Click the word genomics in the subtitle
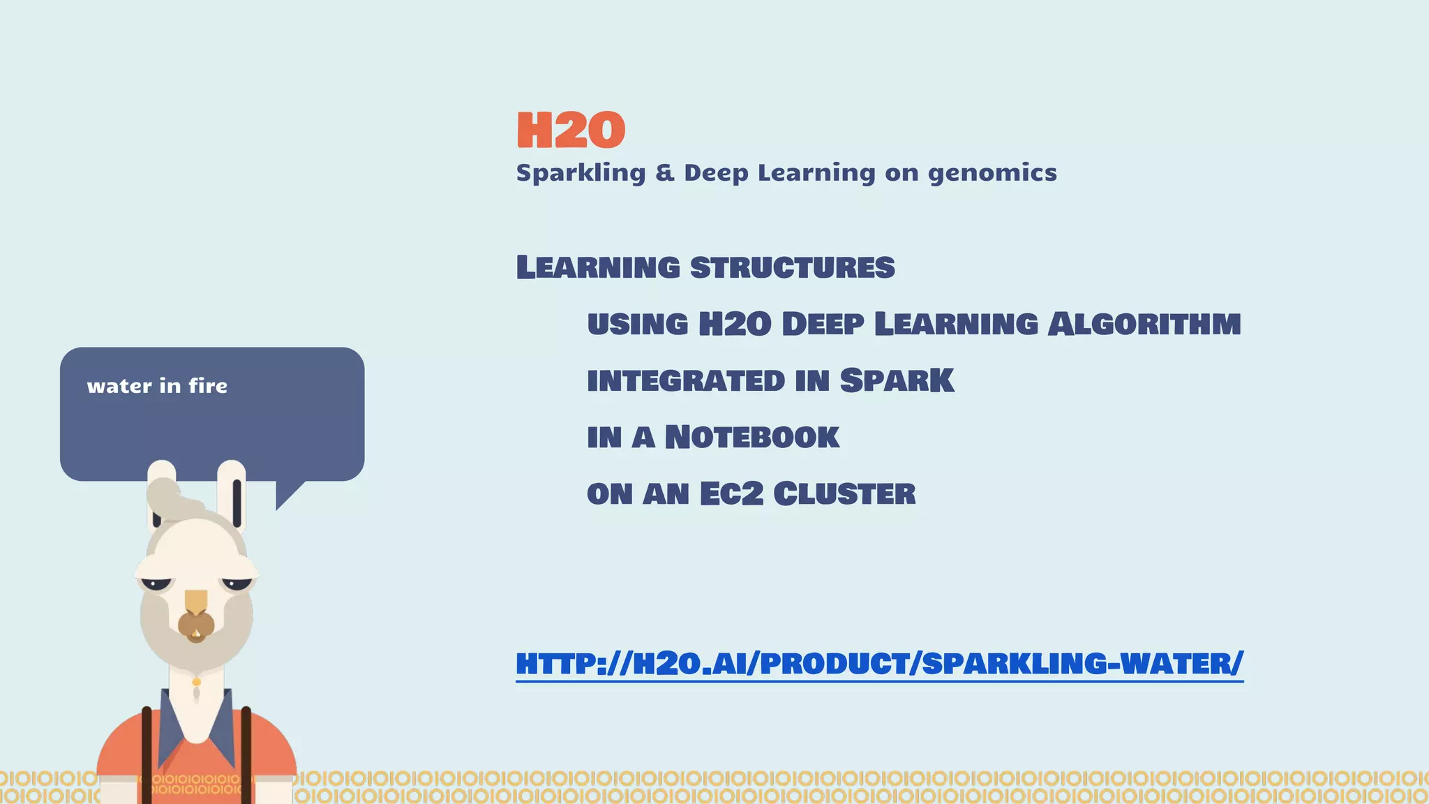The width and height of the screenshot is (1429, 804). click(x=992, y=173)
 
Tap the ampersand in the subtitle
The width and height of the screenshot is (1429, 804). click(x=665, y=172)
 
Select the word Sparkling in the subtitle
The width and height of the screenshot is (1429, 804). click(x=581, y=173)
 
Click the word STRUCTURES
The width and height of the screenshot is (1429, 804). click(x=792, y=267)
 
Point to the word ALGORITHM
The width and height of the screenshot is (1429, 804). click(x=1144, y=324)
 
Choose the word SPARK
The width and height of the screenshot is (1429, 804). click(x=897, y=380)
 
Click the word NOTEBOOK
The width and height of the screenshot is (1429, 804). click(x=751, y=438)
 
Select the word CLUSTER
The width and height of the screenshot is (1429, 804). click(x=844, y=493)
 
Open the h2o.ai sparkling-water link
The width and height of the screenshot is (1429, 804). click(x=879, y=663)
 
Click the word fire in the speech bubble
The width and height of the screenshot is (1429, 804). click(x=208, y=386)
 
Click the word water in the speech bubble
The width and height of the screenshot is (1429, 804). click(x=119, y=386)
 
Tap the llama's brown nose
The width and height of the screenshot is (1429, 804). click(x=196, y=625)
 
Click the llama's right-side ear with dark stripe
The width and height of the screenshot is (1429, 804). click(x=232, y=492)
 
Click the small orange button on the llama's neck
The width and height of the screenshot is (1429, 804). click(x=197, y=682)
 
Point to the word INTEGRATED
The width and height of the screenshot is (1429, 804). click(x=686, y=381)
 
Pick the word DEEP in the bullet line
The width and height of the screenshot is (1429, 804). click(x=823, y=324)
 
